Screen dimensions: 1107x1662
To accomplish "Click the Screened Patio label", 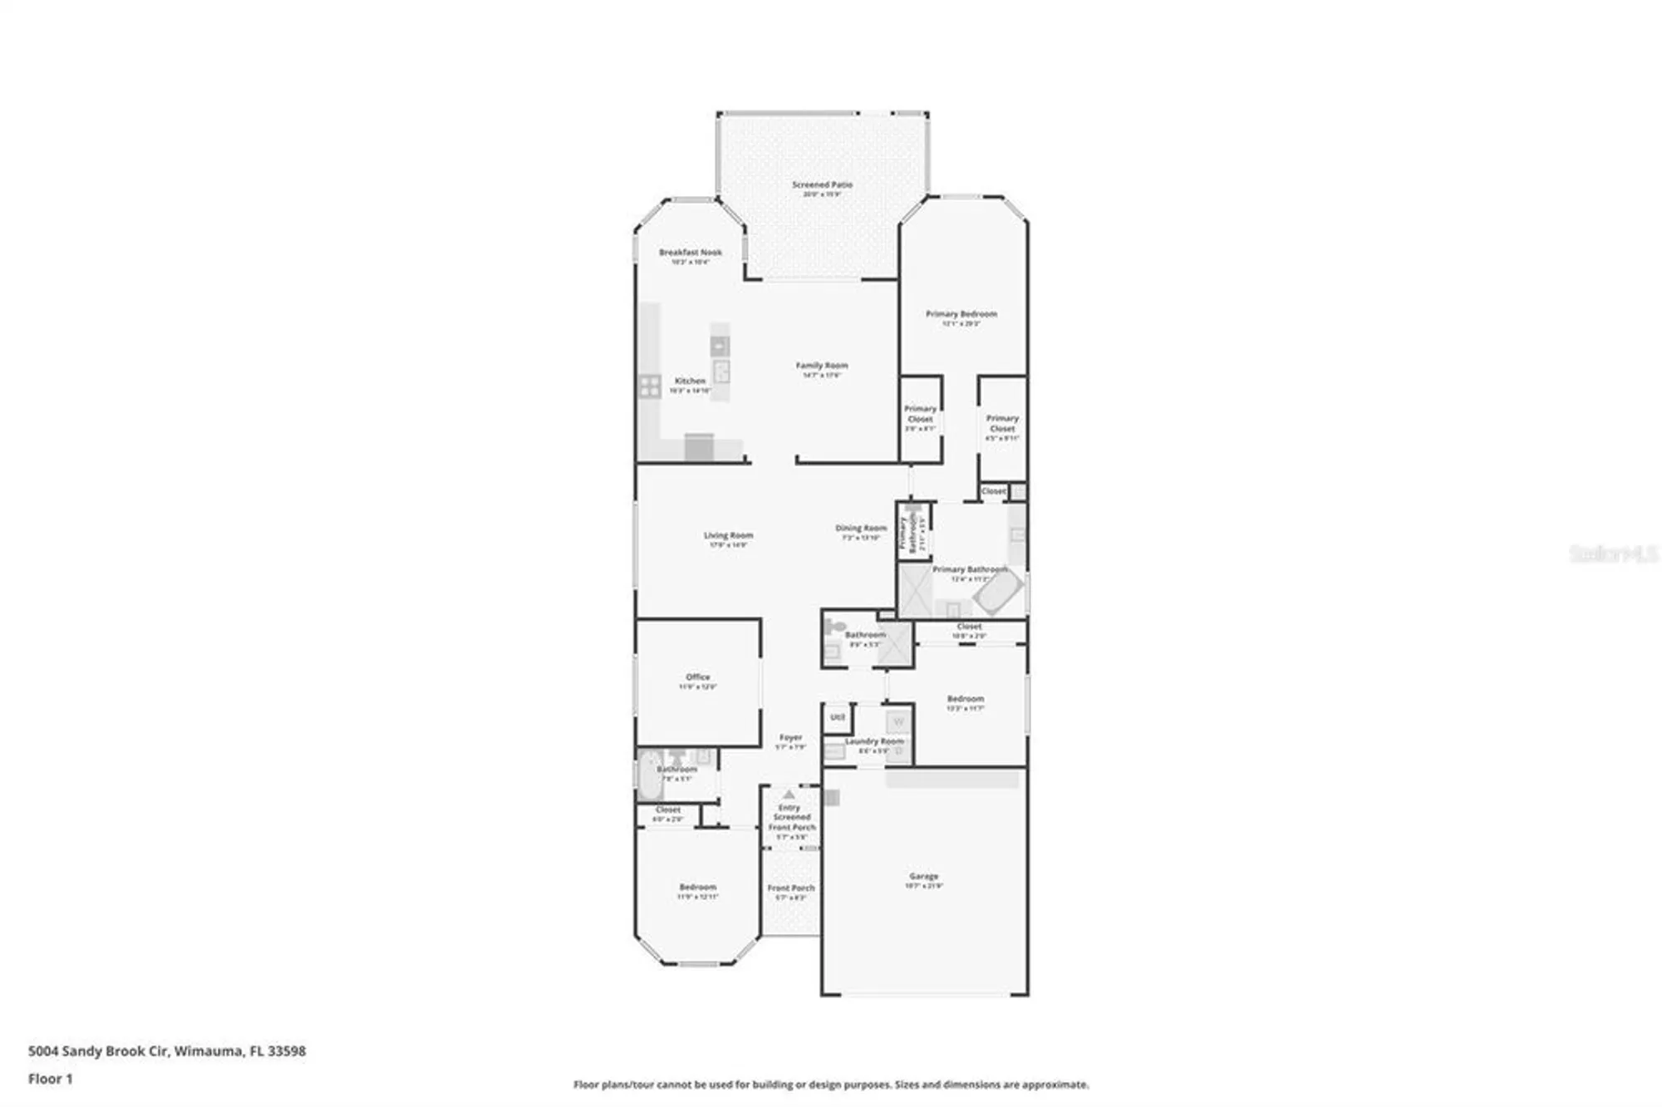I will coord(822,184).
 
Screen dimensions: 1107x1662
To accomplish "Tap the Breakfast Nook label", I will coord(690,253).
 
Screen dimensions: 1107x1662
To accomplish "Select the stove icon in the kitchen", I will coord(650,386).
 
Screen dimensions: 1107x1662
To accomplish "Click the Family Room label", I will coord(822,366).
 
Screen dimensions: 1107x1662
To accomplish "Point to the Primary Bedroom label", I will coord(961,314).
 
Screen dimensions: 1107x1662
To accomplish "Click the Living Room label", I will coord(728,536).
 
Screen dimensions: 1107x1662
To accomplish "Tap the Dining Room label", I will coord(861,529).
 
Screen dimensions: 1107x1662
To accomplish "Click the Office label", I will coord(698,677).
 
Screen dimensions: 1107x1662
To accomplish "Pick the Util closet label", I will coord(838,717).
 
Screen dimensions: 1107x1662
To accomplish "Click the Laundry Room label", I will coord(873,741).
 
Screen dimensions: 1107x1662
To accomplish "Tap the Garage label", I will coord(923,877).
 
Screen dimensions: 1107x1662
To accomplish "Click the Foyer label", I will coord(790,738).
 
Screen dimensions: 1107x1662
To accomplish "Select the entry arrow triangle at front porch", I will coord(789,795).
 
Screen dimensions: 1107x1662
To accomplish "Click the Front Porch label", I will coord(791,888).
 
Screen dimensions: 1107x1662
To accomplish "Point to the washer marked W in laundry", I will coord(898,722).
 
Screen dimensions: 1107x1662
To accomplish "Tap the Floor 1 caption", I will coord(51,1080).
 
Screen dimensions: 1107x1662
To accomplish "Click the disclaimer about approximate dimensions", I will coord(831,1085).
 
